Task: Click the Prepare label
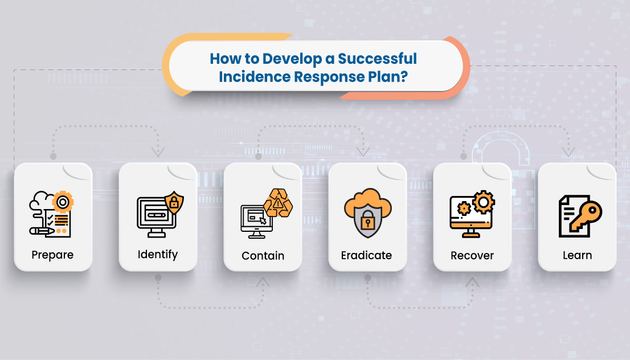pyautogui.click(x=53, y=255)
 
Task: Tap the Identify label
pyautogui.click(x=158, y=254)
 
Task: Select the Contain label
pyautogui.click(x=263, y=255)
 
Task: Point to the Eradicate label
pyautogui.click(x=366, y=255)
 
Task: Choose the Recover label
pyautogui.click(x=472, y=255)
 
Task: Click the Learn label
pyautogui.click(x=577, y=255)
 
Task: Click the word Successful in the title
pyautogui.click(x=378, y=59)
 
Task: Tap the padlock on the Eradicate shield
pyautogui.click(x=367, y=218)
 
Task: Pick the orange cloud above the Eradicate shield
pyautogui.click(x=367, y=201)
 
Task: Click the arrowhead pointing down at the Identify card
pyautogui.click(x=158, y=152)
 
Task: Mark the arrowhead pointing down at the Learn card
pyautogui.click(x=568, y=152)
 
